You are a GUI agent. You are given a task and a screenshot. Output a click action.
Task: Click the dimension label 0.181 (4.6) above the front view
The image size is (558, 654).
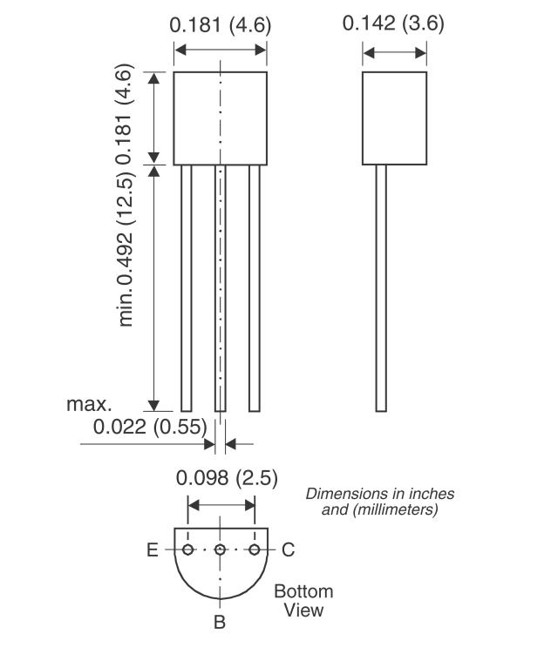click(220, 24)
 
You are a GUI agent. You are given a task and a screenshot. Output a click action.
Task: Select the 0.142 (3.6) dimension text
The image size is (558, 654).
click(393, 23)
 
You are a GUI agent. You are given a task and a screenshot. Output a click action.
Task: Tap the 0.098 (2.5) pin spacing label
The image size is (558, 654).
click(227, 477)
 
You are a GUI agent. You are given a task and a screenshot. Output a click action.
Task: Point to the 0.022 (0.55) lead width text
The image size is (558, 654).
click(150, 427)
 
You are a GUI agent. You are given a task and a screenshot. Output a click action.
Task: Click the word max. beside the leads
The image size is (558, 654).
click(90, 404)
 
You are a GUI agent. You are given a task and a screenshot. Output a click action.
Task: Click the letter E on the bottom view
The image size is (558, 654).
click(153, 549)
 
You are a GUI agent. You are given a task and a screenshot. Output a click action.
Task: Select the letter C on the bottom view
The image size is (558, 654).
click(289, 549)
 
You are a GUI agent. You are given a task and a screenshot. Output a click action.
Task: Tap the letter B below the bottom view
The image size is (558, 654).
click(220, 622)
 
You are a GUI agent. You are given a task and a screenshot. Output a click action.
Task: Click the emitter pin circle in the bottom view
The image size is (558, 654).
click(188, 549)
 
